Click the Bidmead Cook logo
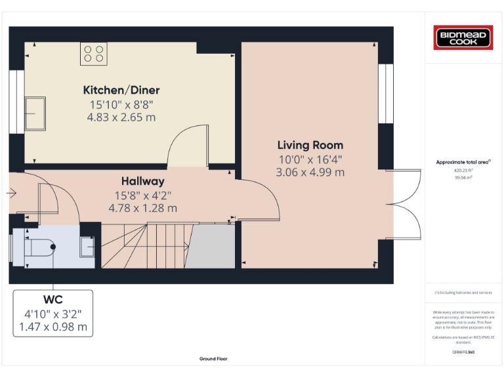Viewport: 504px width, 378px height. pyautogui.click(x=463, y=37)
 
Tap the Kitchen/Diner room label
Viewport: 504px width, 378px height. pyautogui.click(x=121, y=91)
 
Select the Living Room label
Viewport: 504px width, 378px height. pyautogui.click(x=310, y=145)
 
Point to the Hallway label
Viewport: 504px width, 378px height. pyautogui.click(x=142, y=180)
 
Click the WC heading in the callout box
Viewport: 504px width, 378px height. pyautogui.click(x=52, y=301)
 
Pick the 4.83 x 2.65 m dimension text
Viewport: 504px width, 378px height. pyautogui.click(x=121, y=117)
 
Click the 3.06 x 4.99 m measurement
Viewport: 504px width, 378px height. pyautogui.click(x=311, y=173)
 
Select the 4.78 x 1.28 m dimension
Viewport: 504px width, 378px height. pyautogui.click(x=142, y=208)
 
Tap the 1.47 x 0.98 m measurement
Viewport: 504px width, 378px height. pyautogui.click(x=53, y=326)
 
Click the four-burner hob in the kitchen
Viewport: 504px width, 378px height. pyautogui.click(x=93, y=53)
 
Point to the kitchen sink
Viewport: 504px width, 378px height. pyautogui.click(x=35, y=114)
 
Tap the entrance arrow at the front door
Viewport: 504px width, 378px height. pyautogui.click(x=11, y=194)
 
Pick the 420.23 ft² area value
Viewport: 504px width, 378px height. pyautogui.click(x=463, y=170)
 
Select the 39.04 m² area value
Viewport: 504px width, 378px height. pyautogui.click(x=463, y=177)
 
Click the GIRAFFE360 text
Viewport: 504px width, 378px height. pyautogui.click(x=463, y=352)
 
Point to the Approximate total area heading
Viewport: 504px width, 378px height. pyautogui.click(x=463, y=161)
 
